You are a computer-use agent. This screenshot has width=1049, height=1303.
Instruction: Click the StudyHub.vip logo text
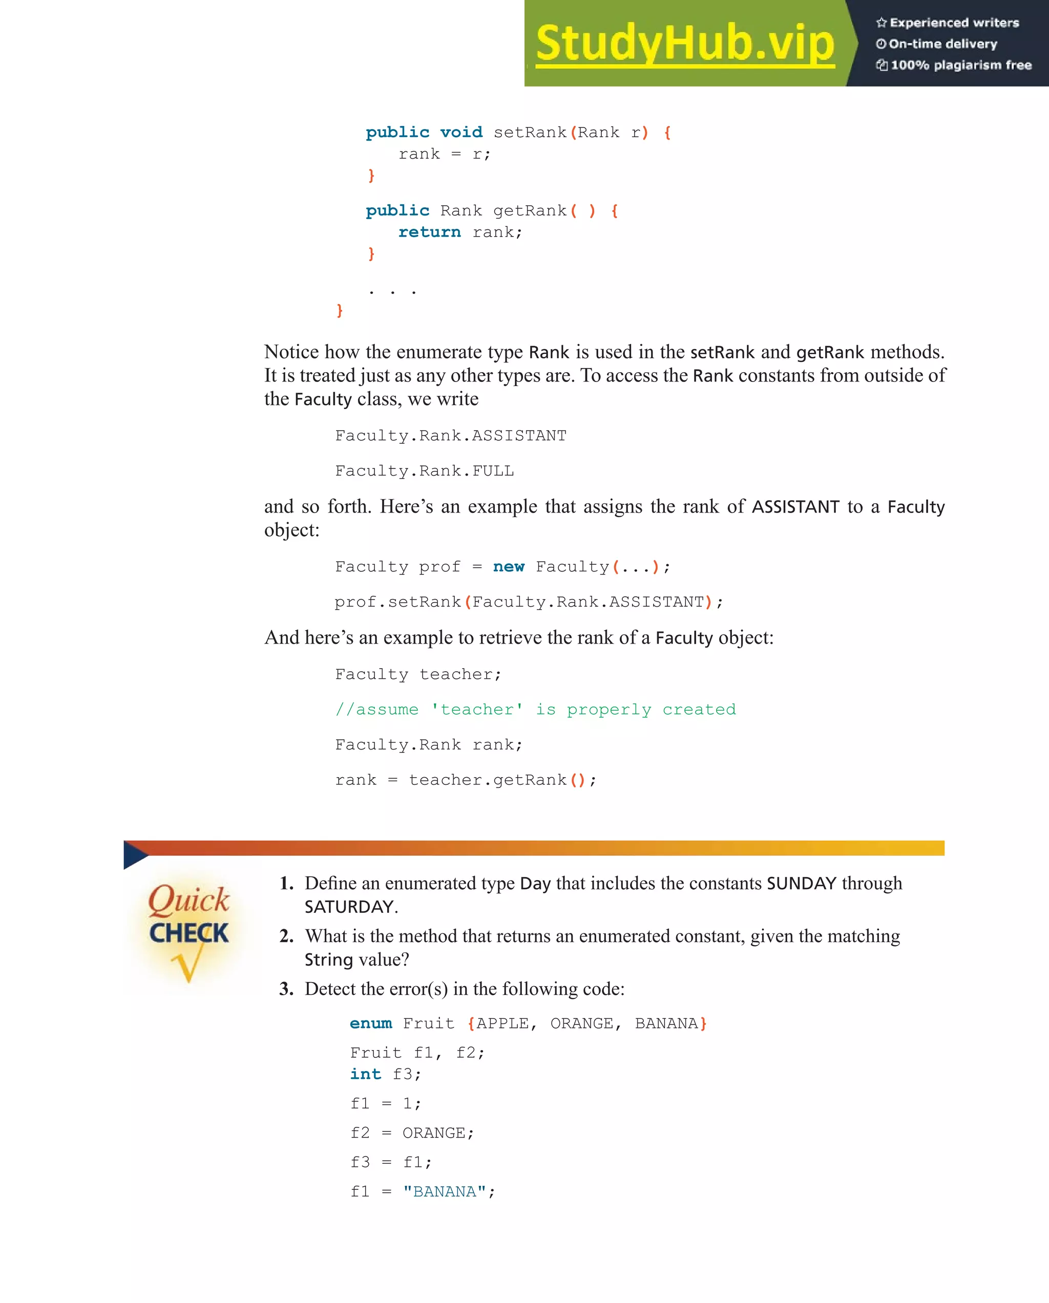pos(684,44)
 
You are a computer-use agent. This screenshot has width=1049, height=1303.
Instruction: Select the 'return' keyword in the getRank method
pos(429,232)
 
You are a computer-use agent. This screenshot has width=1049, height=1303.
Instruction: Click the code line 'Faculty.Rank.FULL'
pos(425,471)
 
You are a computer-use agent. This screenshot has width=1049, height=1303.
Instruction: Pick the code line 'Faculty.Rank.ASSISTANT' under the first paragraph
pos(450,436)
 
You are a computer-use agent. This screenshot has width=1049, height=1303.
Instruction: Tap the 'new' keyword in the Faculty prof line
pos(509,567)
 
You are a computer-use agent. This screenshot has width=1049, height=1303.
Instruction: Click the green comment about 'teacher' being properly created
pos(536,710)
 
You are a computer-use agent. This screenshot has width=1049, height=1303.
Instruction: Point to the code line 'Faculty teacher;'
pos(418,674)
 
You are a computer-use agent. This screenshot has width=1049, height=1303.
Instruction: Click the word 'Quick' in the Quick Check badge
pos(188,900)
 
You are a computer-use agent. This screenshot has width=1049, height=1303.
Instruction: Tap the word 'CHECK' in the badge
pos(189,933)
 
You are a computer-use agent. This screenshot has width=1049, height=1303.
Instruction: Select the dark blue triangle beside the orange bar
pos(134,854)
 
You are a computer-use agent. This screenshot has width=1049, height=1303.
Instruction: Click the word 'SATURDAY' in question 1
pos(349,907)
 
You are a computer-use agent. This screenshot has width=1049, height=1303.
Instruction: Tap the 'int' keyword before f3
pos(366,1074)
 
